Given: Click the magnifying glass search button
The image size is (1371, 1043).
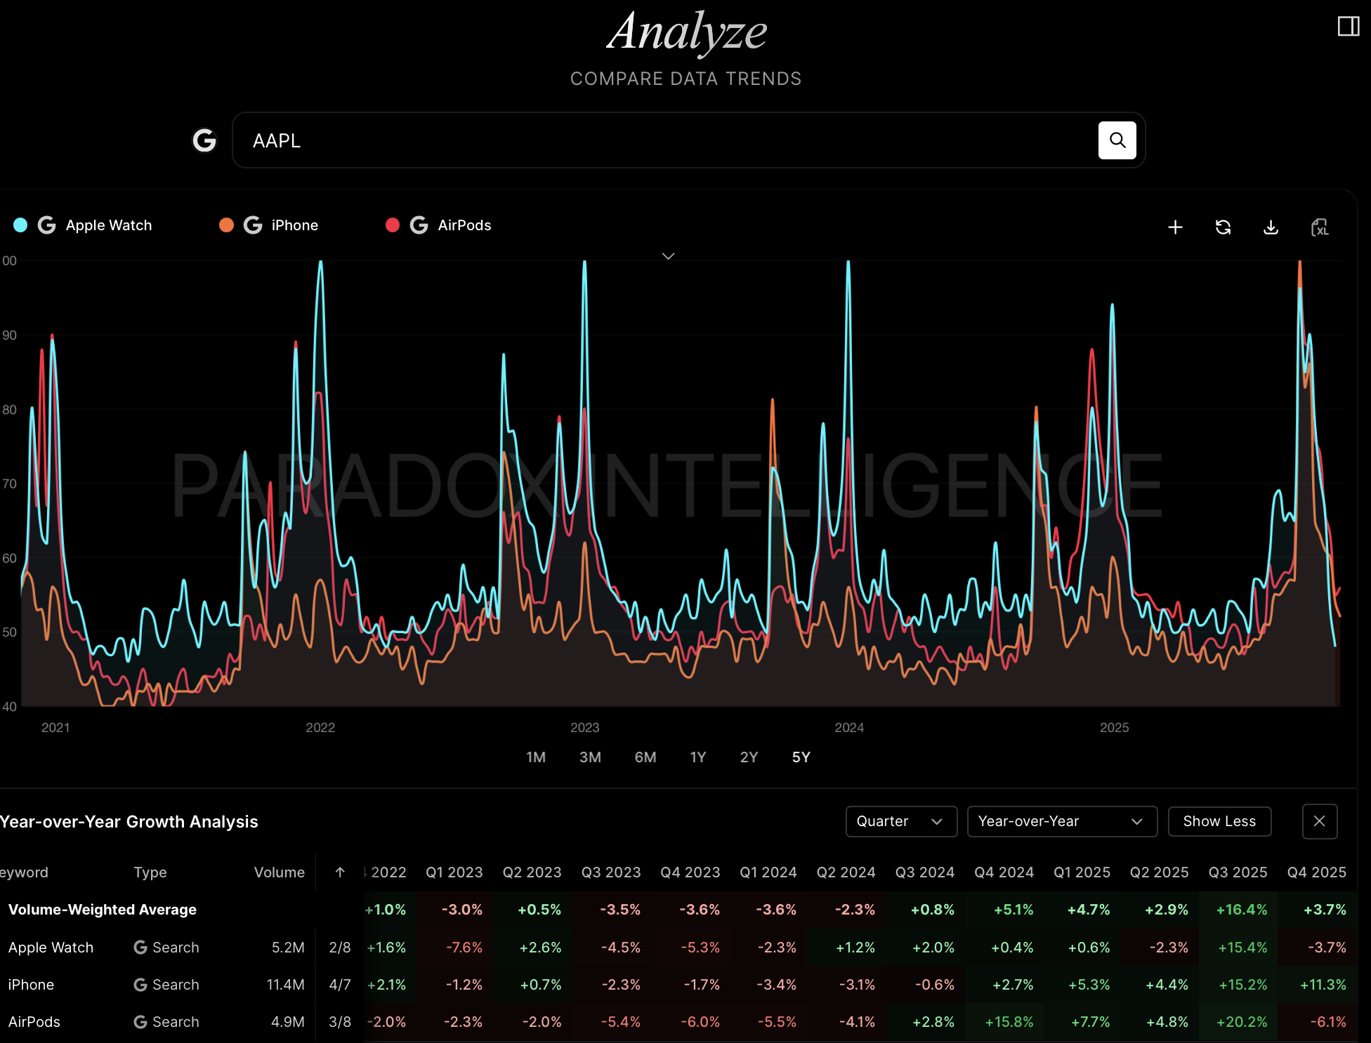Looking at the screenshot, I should pyautogui.click(x=1117, y=140).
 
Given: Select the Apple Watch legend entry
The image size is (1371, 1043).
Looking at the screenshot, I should pyautogui.click(x=108, y=225).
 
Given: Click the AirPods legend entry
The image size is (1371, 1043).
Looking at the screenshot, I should pyautogui.click(x=464, y=225).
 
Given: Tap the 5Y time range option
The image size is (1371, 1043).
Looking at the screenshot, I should pyautogui.click(x=801, y=757).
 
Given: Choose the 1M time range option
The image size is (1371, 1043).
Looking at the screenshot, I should pyautogui.click(x=536, y=757).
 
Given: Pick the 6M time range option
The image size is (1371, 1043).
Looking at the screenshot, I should pyautogui.click(x=645, y=757).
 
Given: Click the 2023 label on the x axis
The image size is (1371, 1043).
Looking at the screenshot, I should pyautogui.click(x=584, y=728).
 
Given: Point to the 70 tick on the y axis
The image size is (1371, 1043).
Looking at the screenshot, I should pyautogui.click(x=10, y=484).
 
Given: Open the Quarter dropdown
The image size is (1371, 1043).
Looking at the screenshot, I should pyautogui.click(x=900, y=821).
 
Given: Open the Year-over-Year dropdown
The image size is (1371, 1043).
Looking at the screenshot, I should pyautogui.click(x=1061, y=821).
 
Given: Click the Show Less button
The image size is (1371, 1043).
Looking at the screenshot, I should pyautogui.click(x=1219, y=821).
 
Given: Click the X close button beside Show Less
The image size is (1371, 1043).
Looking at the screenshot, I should pyautogui.click(x=1319, y=821).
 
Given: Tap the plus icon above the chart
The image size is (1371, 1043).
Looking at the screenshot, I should pyautogui.click(x=1175, y=227).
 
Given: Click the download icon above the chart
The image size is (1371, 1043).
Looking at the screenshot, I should pyautogui.click(x=1271, y=227).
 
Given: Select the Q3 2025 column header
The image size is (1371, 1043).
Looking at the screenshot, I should pyautogui.click(x=1238, y=872).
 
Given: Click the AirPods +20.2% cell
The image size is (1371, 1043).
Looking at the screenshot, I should pyautogui.click(x=1241, y=1022).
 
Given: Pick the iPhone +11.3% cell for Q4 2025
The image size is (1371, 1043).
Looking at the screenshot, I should pyautogui.click(x=1323, y=985).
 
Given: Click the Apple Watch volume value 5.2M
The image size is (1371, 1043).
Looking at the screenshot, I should pyautogui.click(x=288, y=948).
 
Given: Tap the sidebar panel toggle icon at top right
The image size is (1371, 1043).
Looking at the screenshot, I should pyautogui.click(x=1348, y=27).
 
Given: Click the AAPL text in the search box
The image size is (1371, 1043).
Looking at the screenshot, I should pyautogui.click(x=277, y=141).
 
